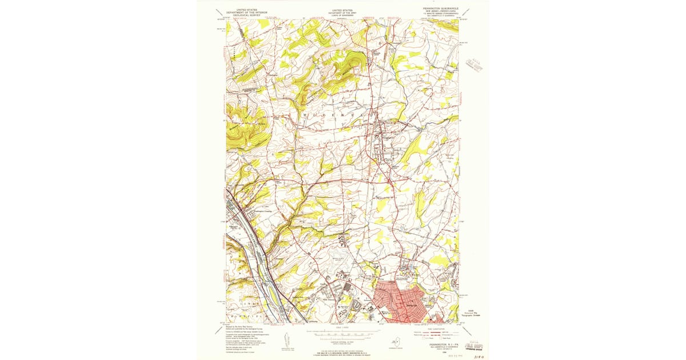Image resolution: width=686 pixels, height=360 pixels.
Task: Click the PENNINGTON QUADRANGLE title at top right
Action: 440,9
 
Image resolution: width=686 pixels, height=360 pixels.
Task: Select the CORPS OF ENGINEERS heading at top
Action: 343,15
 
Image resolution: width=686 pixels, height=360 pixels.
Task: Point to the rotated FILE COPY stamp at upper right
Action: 473,63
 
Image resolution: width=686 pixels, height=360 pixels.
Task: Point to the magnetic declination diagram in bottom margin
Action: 285,338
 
